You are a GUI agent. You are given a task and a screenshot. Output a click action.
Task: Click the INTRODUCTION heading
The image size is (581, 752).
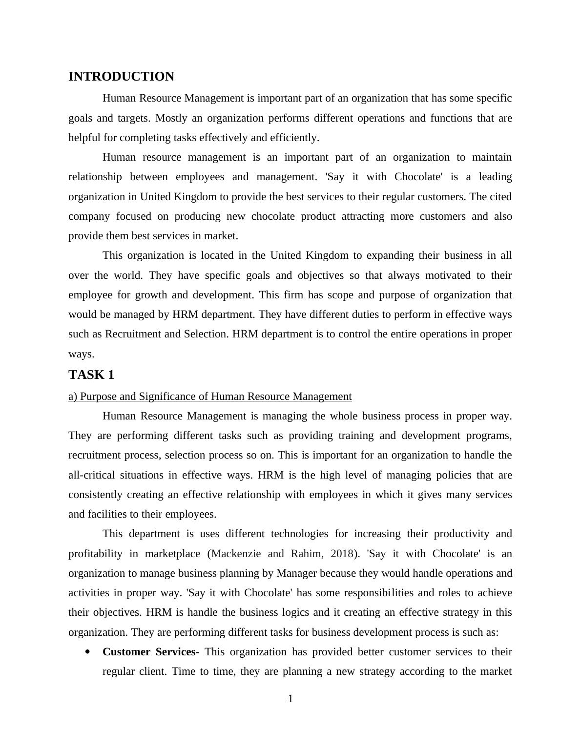(121, 77)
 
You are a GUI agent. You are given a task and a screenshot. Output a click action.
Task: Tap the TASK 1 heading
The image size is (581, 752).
(91, 375)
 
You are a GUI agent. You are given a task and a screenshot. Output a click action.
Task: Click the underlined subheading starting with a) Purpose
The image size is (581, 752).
(210, 397)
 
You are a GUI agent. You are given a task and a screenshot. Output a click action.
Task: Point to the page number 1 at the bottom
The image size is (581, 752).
(290, 699)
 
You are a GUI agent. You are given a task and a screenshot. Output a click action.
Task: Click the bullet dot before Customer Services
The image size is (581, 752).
(88, 651)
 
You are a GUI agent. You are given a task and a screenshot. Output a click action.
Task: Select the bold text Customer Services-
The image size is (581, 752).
(150, 652)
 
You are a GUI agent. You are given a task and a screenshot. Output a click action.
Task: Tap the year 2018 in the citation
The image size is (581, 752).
(342, 554)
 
